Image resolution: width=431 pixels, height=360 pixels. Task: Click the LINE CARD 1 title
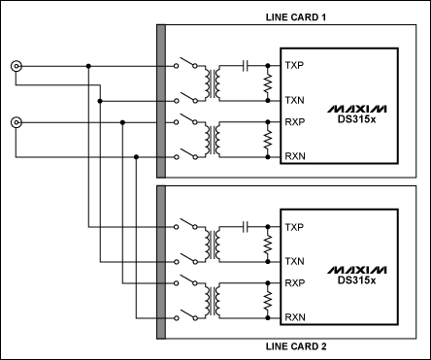pyautogui.click(x=296, y=17)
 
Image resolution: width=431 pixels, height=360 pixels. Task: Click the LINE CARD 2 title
pyautogui.click(x=296, y=346)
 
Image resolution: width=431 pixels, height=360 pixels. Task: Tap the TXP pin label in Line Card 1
pyautogui.click(x=294, y=66)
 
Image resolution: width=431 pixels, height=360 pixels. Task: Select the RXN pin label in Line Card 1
pyautogui.click(x=295, y=156)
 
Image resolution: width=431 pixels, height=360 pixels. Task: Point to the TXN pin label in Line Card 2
pyautogui.click(x=294, y=261)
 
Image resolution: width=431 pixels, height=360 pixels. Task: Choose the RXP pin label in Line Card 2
pyautogui.click(x=295, y=283)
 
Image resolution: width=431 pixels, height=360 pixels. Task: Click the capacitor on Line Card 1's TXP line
pyautogui.click(x=246, y=66)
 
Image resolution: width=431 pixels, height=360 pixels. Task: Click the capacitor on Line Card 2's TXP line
pyautogui.click(x=246, y=227)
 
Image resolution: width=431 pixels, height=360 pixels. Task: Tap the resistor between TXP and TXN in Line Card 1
pyautogui.click(x=268, y=83)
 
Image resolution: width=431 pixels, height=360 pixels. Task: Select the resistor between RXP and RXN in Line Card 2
pyautogui.click(x=268, y=301)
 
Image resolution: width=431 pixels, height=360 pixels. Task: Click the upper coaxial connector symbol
pyautogui.click(x=17, y=66)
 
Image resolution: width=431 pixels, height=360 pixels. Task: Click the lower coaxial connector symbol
pyautogui.click(x=17, y=122)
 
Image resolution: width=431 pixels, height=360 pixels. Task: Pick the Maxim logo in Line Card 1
pyautogui.click(x=357, y=109)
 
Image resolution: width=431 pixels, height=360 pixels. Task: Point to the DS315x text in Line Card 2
pyautogui.click(x=357, y=280)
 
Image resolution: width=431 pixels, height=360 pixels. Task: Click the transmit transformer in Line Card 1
pyautogui.click(x=213, y=83)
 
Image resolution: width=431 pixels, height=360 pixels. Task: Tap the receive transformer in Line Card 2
pyautogui.click(x=213, y=301)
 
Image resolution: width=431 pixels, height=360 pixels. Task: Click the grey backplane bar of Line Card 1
pyautogui.click(x=161, y=101)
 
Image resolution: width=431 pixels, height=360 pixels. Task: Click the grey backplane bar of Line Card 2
pyautogui.click(x=161, y=262)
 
